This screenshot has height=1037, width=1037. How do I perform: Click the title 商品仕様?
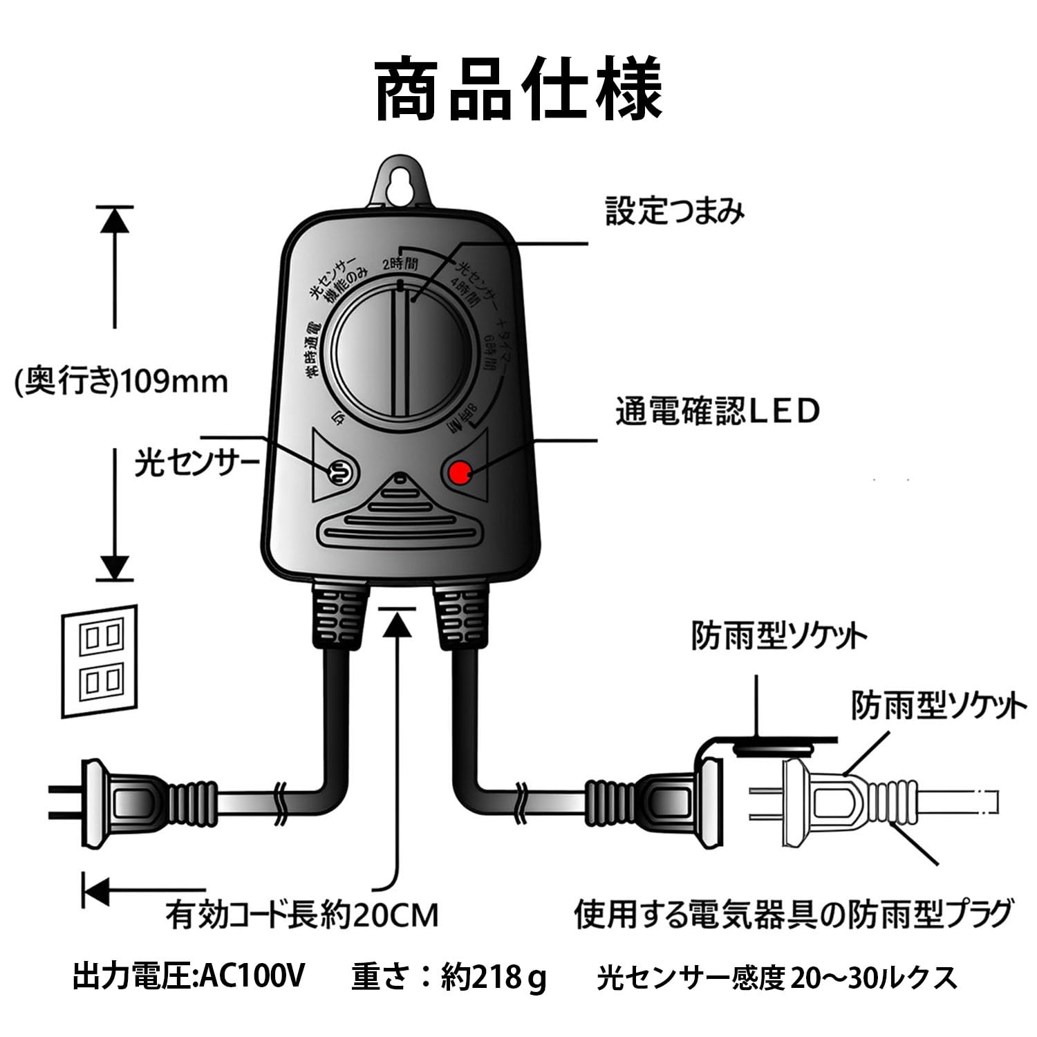click(518, 90)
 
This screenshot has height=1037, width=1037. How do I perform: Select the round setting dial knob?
click(401, 353)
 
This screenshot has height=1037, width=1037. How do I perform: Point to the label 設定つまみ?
click(675, 211)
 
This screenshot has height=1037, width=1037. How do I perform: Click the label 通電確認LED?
click(717, 411)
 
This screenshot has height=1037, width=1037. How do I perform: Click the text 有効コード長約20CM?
click(302, 915)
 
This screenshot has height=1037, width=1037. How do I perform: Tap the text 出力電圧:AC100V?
click(188, 977)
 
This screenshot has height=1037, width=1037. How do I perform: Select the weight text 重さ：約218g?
click(449, 977)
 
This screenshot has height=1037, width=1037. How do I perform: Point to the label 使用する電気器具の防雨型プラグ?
click(794, 914)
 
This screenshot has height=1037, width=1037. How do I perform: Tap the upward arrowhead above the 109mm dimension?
click(115, 220)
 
